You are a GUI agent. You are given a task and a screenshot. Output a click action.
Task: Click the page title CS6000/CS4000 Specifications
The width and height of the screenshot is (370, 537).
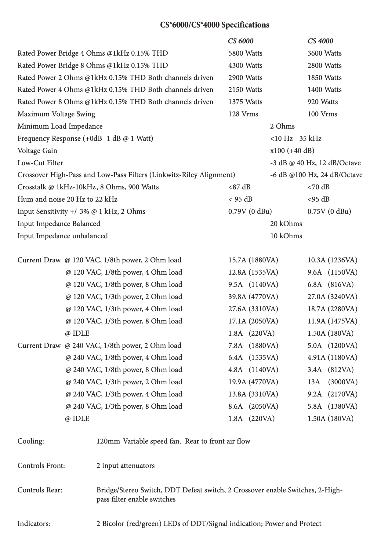point(215,25)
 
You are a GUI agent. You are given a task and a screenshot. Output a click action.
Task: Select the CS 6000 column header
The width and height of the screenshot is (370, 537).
point(241,41)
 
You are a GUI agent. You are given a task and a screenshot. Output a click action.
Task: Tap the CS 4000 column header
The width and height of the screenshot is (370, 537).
point(320,41)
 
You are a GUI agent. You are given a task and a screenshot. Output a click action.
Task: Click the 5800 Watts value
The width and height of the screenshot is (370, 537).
point(245,53)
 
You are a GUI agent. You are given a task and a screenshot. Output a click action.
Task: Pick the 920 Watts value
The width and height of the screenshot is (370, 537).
point(322,102)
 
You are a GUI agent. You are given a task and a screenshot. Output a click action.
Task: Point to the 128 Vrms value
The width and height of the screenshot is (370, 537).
point(243,114)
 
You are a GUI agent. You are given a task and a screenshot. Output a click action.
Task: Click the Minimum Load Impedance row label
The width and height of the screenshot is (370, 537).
point(60,126)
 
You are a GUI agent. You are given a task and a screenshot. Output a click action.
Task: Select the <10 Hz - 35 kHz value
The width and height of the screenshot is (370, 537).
point(296,138)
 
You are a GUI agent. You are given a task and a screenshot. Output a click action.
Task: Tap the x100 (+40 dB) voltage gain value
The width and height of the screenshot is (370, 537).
point(292,151)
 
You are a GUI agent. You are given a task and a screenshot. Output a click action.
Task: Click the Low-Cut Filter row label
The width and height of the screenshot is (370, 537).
point(40,163)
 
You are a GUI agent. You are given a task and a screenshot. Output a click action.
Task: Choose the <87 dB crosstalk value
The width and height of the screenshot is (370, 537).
point(239,187)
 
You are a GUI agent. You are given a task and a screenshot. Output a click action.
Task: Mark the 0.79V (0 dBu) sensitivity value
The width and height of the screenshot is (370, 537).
point(250,211)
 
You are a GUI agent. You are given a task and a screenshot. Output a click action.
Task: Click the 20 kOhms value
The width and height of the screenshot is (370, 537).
point(286,224)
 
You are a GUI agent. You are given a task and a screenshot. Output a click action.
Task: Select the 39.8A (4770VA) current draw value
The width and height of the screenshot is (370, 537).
point(253,297)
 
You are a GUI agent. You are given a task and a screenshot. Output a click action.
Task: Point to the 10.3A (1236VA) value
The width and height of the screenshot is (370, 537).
point(332,260)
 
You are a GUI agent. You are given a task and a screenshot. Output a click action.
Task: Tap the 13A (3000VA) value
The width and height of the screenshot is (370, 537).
point(332,382)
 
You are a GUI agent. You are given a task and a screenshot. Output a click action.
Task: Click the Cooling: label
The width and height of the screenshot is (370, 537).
point(31,441)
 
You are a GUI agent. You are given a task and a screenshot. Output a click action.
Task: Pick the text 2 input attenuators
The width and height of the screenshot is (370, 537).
point(125,466)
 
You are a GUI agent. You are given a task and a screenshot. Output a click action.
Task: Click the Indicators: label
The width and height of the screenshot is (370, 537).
point(34,524)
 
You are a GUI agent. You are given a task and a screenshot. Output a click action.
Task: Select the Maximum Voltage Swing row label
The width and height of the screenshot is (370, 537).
point(56,114)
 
